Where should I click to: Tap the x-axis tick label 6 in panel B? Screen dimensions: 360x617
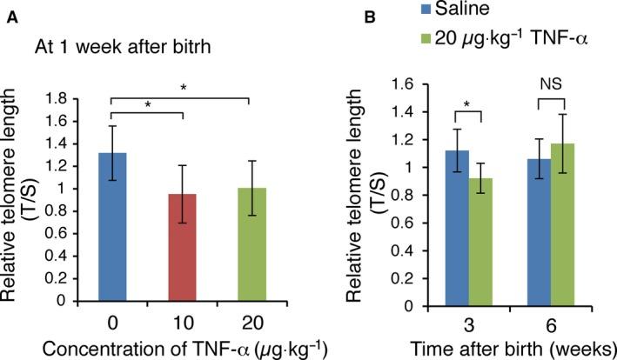556,319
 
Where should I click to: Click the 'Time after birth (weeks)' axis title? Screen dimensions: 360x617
519,347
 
